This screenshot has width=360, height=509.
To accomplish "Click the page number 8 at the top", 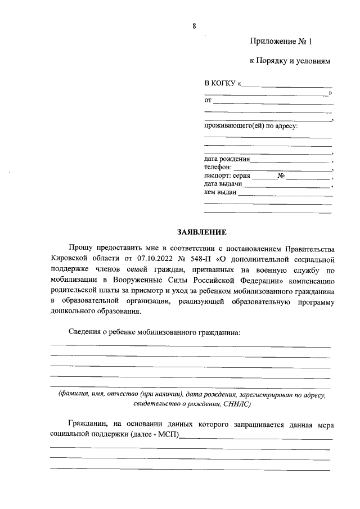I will pos(194,25).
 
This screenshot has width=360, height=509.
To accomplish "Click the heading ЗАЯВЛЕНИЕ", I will pos(201,232).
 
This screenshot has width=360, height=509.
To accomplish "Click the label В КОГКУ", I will pos(220,84).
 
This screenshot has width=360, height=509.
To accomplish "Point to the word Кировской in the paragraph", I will pos(70,259).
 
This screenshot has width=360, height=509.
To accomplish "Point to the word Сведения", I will pos(84,332).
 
